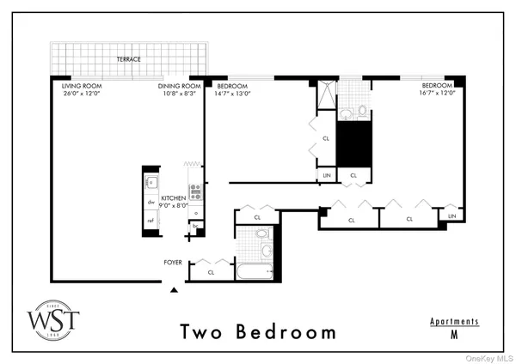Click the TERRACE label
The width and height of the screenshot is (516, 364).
click(130, 59)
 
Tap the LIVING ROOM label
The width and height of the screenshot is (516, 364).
click(79, 86)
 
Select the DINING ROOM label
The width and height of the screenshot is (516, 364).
click(179, 86)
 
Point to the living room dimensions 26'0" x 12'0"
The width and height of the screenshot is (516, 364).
click(80, 94)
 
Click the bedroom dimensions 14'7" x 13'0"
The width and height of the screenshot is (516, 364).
click(233, 94)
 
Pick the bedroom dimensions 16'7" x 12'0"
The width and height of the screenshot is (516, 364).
click(439, 94)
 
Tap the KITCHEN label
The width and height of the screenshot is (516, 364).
click(173, 197)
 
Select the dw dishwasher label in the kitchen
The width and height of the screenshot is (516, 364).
click(150, 203)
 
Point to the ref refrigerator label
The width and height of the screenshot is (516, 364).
click(150, 221)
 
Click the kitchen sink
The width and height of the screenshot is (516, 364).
click(150, 182)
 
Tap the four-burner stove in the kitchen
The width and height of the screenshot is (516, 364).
click(195, 191)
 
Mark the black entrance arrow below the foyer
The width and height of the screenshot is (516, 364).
click(175, 290)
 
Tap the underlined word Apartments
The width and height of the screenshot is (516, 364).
click(454, 321)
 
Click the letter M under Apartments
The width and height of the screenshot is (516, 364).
click(454, 337)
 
